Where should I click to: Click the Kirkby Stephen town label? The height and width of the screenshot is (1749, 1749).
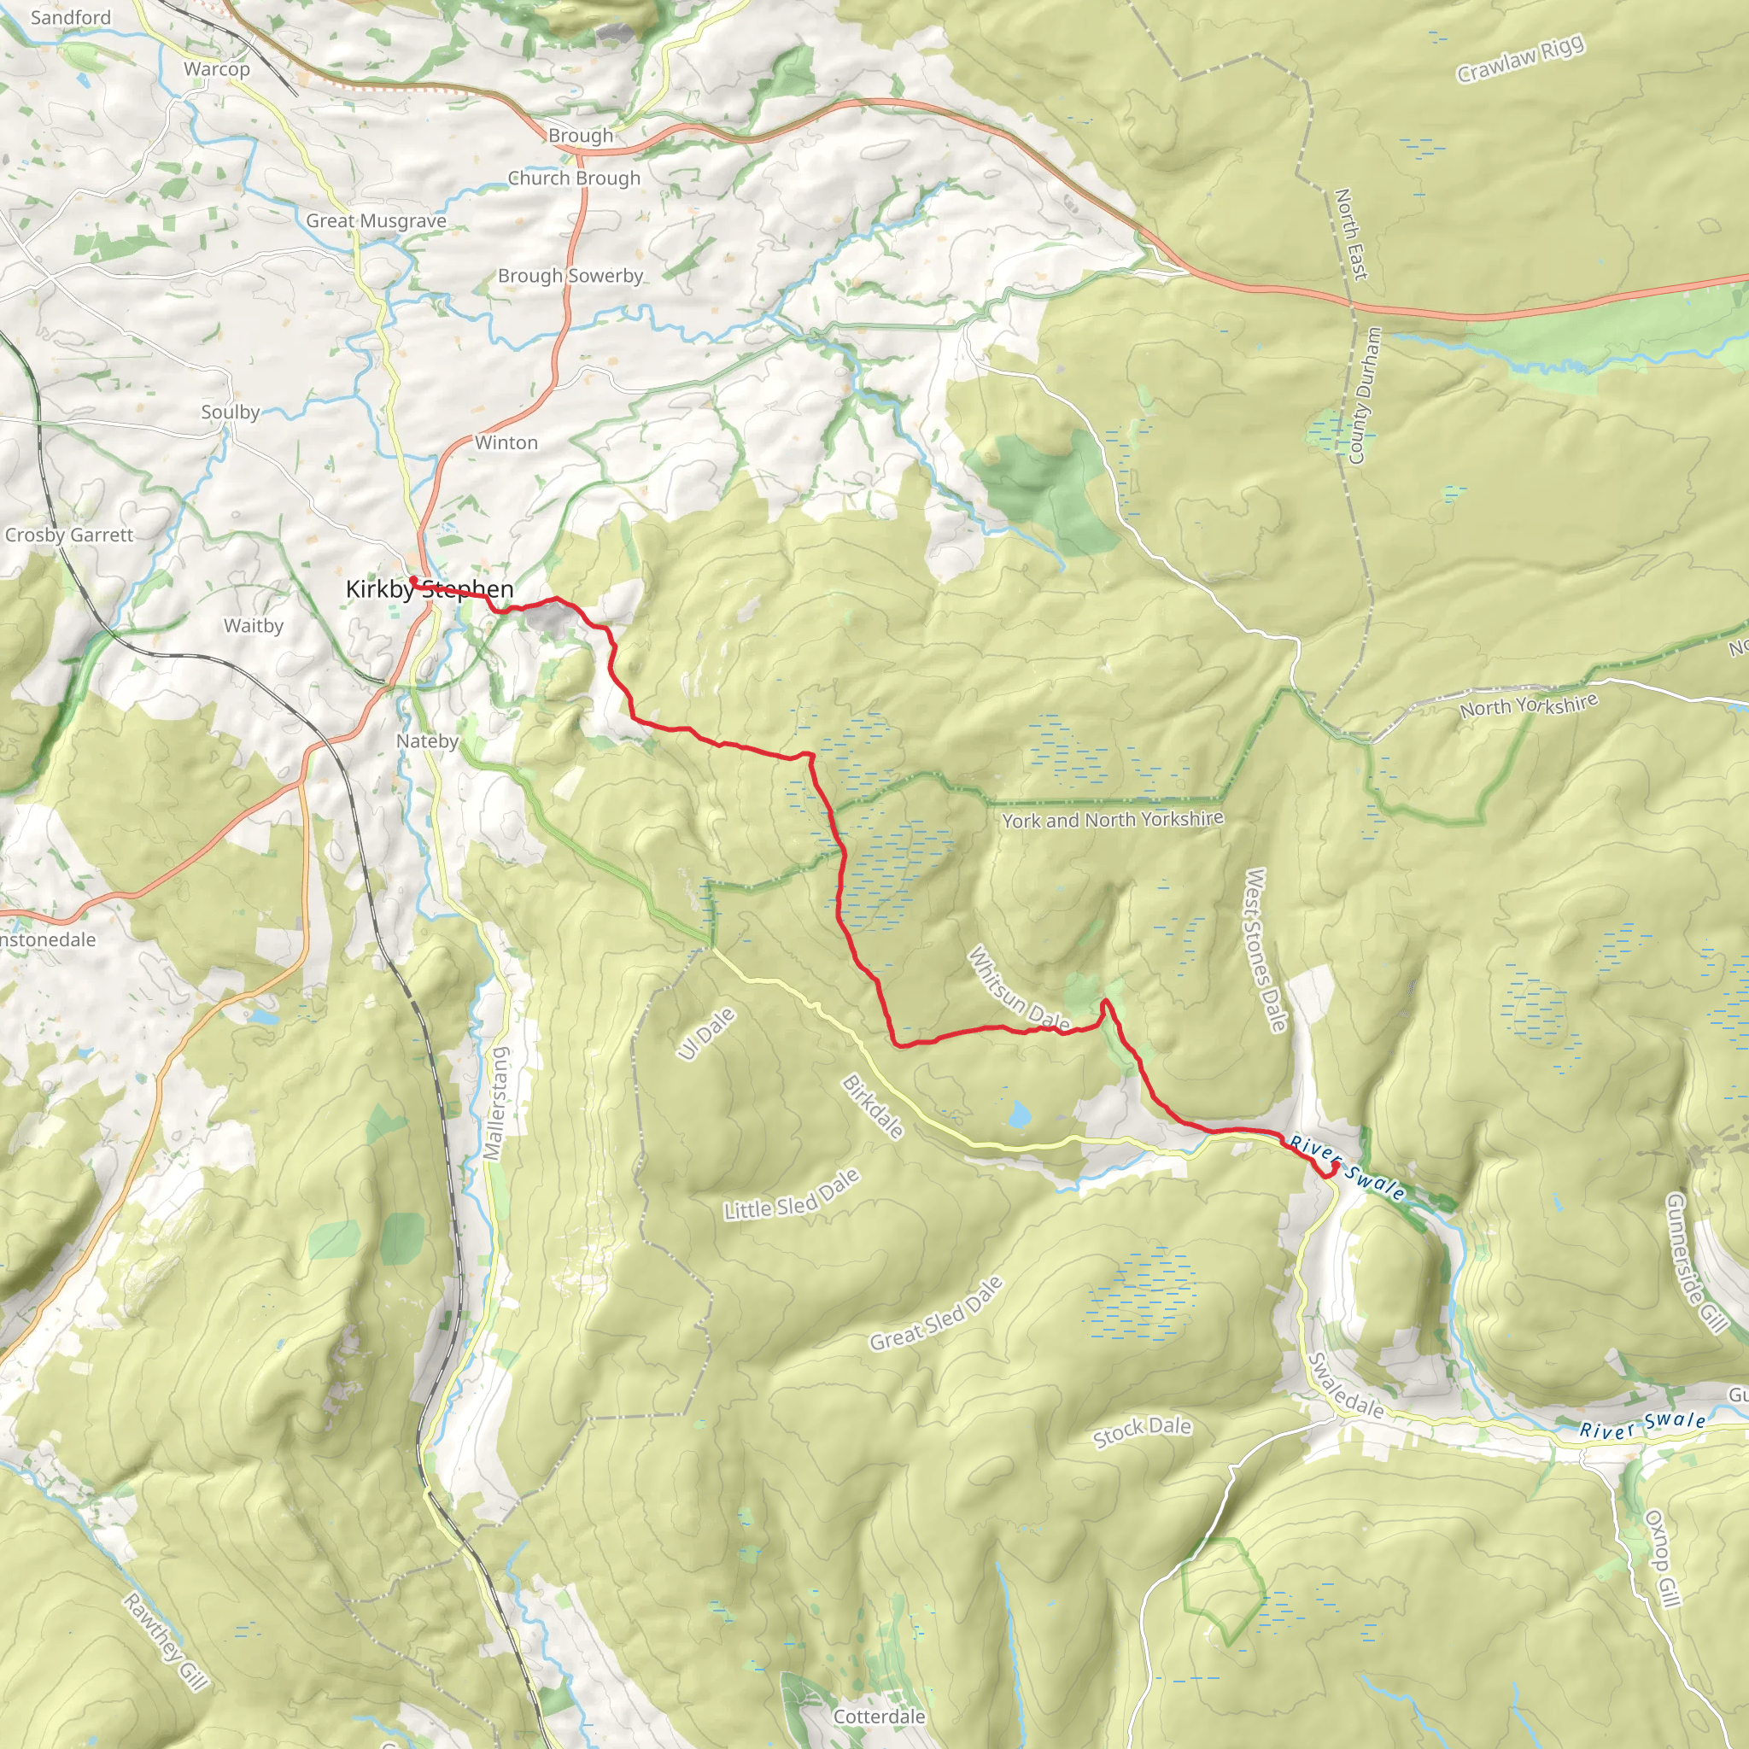(429, 589)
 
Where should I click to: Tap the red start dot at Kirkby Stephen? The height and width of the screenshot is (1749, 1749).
(412, 579)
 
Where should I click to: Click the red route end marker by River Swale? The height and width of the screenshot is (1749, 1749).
(1335, 1167)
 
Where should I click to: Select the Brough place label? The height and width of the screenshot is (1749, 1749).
(580, 136)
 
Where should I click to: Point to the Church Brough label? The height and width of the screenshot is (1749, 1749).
(573, 178)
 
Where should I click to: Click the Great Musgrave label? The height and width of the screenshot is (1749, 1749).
(376, 221)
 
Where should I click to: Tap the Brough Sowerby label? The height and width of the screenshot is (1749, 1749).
(570, 276)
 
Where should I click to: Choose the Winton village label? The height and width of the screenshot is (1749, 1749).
(506, 442)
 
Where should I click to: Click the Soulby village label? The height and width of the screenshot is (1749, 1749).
(230, 412)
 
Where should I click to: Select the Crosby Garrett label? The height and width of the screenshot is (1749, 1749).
(69, 535)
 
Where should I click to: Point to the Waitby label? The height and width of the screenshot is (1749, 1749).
(254, 625)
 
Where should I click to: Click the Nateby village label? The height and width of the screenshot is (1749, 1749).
(427, 741)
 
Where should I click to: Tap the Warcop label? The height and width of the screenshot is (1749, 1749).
(216, 69)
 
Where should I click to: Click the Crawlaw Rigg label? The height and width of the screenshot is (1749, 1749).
(1520, 59)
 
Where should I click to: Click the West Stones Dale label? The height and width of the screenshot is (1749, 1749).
(1266, 951)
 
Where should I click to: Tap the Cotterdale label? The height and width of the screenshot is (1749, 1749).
(879, 1717)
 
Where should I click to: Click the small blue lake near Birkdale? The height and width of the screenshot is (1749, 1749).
(1020, 1114)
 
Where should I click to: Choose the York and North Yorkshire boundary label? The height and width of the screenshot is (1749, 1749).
(1112, 819)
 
